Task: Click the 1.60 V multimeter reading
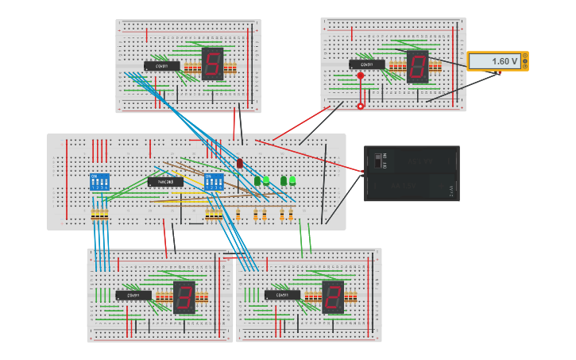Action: click(495, 61)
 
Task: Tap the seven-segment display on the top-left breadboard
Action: click(212, 64)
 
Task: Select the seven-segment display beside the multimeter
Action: click(417, 67)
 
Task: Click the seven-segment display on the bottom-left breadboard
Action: click(184, 297)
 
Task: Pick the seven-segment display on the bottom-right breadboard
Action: click(332, 296)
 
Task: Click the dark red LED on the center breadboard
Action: click(239, 163)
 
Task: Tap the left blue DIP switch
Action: click(99, 181)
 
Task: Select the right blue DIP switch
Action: click(214, 182)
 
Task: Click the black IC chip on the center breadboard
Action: click(165, 182)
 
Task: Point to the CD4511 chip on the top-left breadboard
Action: click(161, 66)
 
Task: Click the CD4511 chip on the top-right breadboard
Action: click(366, 64)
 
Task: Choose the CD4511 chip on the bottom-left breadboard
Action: click(133, 296)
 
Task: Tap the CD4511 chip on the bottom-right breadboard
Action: click(282, 295)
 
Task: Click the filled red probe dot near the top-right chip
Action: click(360, 76)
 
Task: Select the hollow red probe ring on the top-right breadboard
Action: click(360, 106)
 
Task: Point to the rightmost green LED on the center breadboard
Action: click(292, 180)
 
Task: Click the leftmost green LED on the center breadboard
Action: click(257, 181)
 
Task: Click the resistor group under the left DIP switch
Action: click(99, 215)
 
